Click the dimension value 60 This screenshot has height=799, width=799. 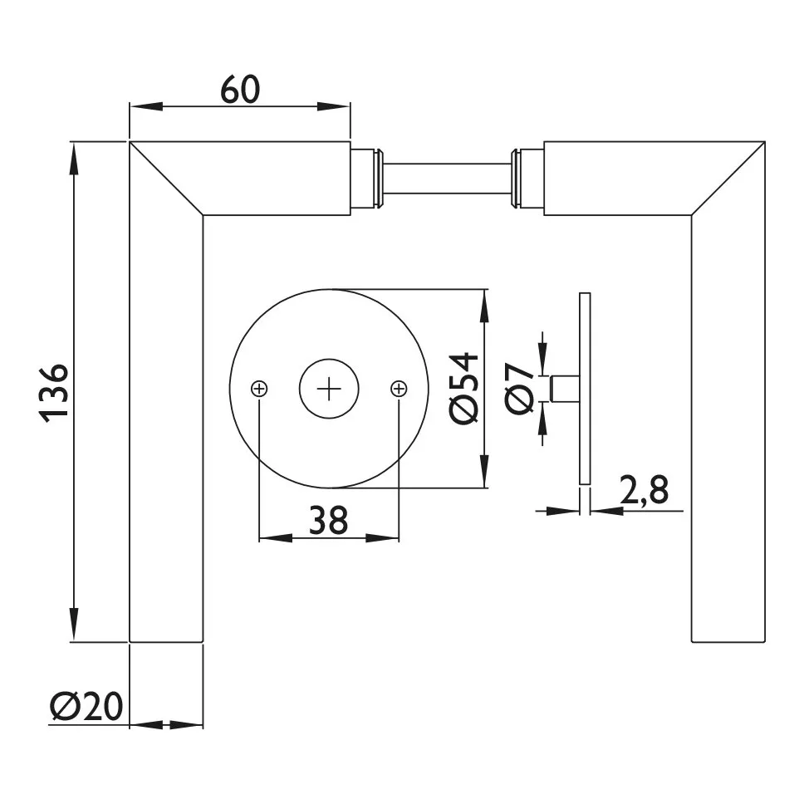coord(240,90)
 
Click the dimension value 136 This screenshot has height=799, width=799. coord(56,392)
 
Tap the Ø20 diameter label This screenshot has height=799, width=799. coord(86,707)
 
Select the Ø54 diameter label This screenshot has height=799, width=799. coord(464,388)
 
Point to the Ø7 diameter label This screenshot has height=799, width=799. coord(520,388)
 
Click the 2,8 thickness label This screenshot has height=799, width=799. coord(644,492)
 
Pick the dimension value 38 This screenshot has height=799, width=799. coord(328,521)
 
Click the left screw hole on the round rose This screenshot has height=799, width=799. coord(259,388)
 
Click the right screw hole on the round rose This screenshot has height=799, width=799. coord(399,388)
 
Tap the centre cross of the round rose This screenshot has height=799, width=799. coord(329,388)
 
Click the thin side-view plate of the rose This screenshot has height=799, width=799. coord(585,388)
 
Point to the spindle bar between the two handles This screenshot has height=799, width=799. coord(446,178)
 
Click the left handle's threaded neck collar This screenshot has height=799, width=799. coord(366,178)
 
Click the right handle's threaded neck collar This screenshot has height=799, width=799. coord(527,178)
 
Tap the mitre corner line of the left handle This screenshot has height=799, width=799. coord(166,179)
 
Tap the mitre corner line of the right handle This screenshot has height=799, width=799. coord(728,179)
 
